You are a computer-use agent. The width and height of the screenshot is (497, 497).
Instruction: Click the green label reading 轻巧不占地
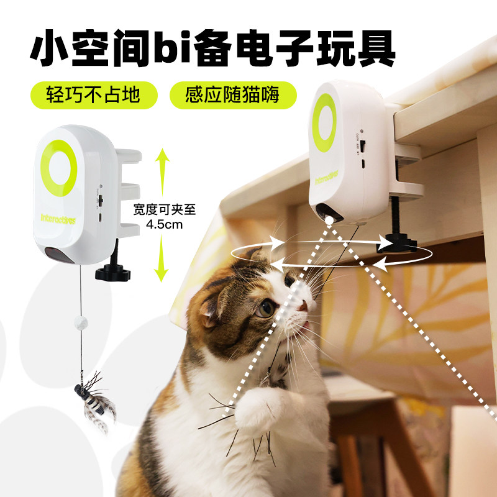coord(94,95)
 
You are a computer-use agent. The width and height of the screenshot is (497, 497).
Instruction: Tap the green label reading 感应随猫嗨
coord(233,95)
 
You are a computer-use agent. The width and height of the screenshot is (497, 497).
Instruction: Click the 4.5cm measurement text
coord(164,225)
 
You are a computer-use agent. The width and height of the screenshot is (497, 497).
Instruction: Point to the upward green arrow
coord(162,172)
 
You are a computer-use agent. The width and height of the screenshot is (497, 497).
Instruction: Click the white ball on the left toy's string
coord(81,322)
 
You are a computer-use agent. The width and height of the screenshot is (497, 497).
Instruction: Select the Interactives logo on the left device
coord(58,219)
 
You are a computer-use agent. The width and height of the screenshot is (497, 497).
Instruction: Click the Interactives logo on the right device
coord(327,178)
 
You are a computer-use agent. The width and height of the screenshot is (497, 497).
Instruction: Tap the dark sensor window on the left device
coord(59,255)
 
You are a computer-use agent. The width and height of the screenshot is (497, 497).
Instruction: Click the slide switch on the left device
coord(101,200)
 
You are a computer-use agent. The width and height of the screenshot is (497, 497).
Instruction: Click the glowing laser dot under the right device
coord(330,221)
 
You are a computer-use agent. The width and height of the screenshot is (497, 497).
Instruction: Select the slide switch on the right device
coord(363,145)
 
